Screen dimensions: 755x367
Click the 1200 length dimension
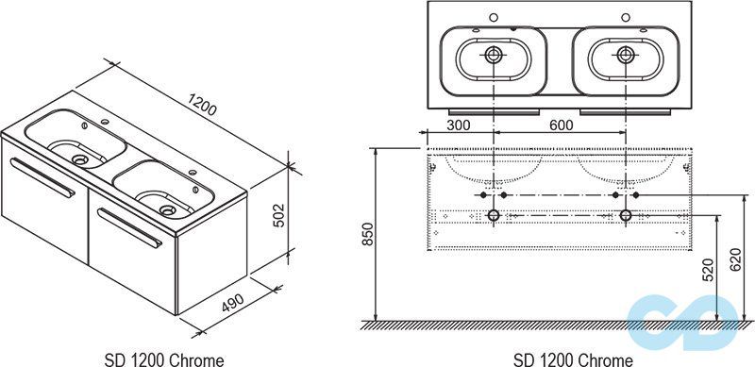tap(203, 105)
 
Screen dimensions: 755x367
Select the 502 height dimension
tap(278, 215)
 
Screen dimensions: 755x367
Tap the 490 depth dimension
tap(233, 302)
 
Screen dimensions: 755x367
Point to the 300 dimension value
tap(459, 125)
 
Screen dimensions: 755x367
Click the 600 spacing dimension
tap(561, 125)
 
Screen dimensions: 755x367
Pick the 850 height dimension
tap(368, 234)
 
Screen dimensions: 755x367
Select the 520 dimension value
tap(708, 269)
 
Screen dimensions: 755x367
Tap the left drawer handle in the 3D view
tap(42, 177)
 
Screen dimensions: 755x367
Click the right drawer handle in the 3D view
tap(130, 227)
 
